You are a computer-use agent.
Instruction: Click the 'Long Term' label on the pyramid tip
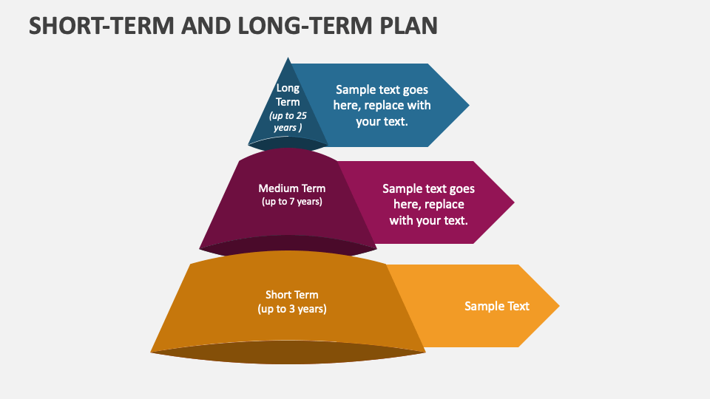[288, 95]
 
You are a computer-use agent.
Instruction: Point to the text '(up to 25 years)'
[288, 122]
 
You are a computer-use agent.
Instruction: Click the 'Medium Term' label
[291, 188]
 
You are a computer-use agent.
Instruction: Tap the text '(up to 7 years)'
[291, 201]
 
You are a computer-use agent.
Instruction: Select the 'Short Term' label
[291, 295]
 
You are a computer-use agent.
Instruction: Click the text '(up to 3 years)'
[291, 309]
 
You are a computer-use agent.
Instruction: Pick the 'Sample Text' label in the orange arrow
[496, 306]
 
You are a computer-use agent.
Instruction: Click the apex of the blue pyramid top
[288, 59]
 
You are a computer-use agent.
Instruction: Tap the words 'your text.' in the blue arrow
[382, 121]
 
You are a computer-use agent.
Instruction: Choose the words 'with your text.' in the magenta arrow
[429, 219]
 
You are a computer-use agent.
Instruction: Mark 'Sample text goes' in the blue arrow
[382, 89]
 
